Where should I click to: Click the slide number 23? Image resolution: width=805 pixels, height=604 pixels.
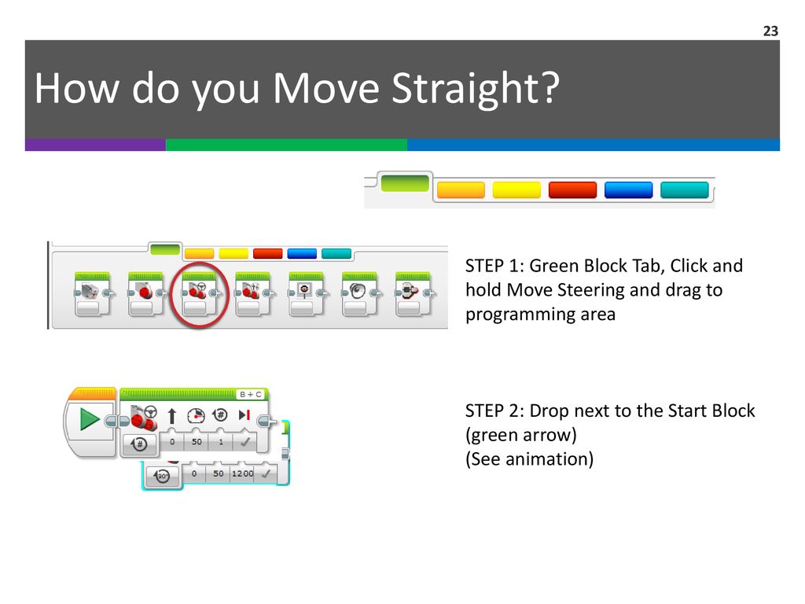point(770,31)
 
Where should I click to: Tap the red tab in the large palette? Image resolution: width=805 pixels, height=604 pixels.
point(572,190)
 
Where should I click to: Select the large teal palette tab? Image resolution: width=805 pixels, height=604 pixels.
point(685,190)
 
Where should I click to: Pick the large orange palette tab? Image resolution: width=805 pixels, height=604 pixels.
point(461,190)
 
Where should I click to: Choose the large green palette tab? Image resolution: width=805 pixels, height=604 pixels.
point(405,183)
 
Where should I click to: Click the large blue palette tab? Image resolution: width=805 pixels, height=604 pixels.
point(628,190)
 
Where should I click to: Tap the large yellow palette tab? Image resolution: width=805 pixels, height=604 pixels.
point(516,190)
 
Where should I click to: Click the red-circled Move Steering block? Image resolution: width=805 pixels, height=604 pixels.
point(199,294)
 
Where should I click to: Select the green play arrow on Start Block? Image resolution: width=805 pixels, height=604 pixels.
point(90,418)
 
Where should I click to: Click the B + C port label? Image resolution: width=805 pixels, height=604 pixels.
point(251,395)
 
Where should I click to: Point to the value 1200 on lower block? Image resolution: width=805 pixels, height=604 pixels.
point(242,473)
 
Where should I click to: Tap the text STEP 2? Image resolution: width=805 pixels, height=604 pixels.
point(494,411)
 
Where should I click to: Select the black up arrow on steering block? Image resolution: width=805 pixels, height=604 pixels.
point(172,415)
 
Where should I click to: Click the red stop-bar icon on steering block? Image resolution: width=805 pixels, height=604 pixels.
point(244,414)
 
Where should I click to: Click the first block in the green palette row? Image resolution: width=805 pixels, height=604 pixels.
point(93,294)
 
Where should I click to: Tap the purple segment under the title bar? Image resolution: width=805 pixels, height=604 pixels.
point(95,145)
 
